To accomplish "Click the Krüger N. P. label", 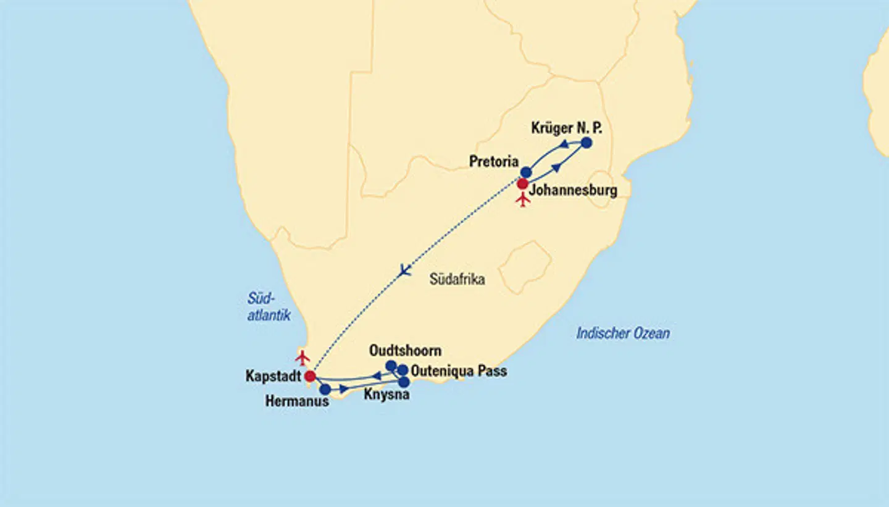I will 566,128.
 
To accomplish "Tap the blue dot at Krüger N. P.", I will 586,143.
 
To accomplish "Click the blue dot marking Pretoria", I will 526,172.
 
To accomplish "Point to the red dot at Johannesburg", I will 522,183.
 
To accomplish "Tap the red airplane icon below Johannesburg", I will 524,199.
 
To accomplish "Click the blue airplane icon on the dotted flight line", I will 404,270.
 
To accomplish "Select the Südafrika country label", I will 457,279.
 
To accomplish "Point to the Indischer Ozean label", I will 623,333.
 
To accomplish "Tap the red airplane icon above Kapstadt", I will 302,357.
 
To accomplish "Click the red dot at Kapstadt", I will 311,375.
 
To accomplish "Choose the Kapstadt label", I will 272,376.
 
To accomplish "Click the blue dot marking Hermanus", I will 325,389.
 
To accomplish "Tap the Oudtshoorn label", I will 405,351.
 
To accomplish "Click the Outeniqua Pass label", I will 459,371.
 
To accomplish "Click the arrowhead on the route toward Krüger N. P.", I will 556,167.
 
